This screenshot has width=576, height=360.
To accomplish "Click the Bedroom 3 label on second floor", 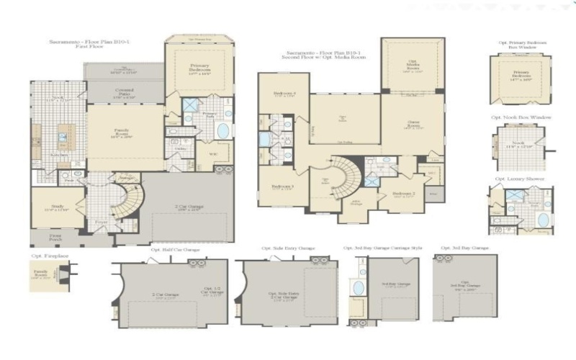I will [x=282, y=187].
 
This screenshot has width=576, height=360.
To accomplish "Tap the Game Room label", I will [x=413, y=125].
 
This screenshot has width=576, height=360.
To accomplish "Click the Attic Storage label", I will [x=354, y=203].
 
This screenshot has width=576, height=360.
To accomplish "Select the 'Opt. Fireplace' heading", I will [x=45, y=256].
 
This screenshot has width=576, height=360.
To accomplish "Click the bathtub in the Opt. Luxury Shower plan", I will [x=544, y=220].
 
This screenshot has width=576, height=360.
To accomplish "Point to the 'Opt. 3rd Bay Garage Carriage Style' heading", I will [x=383, y=248].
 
